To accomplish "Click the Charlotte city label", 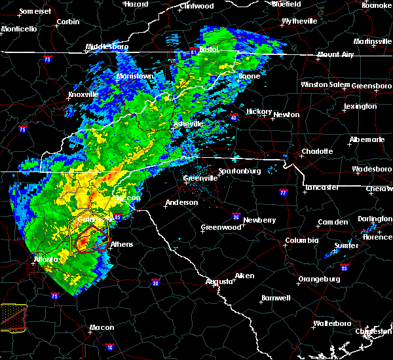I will point(317,151).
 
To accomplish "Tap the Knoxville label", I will point(83,94).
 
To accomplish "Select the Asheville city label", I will point(188,124).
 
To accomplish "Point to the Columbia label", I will point(301,240).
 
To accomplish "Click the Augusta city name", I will point(219,281).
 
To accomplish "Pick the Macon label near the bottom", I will point(102,327).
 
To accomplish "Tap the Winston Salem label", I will point(326,84).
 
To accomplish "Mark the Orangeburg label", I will point(319,279).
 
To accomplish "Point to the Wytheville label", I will point(299,22).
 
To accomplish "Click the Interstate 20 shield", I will point(156,282).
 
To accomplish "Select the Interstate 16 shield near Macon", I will point(109,347).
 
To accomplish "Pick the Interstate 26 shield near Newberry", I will point(236,217).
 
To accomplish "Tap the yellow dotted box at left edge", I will point(12,316).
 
